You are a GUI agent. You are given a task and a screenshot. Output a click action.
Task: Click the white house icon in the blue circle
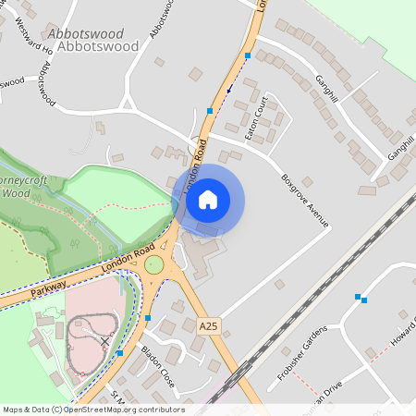point(208,199)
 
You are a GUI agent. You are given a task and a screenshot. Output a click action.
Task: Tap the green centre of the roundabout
point(153,266)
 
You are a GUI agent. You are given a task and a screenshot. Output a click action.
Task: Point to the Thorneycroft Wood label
point(18,185)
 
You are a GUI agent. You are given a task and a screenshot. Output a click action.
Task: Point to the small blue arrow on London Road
point(228,91)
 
